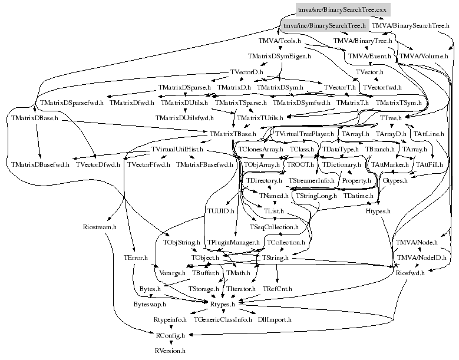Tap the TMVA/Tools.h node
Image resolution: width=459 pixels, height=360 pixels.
coord(280,41)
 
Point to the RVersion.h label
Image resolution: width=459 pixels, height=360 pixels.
coord(170,350)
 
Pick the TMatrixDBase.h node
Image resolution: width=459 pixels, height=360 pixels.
coord(34,118)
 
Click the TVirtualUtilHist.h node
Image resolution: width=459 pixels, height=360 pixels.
coord(177,149)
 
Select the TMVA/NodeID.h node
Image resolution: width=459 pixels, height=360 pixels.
coord(422,257)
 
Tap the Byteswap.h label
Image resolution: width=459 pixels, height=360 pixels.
coord(150,304)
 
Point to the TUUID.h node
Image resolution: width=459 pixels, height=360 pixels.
coord(221,210)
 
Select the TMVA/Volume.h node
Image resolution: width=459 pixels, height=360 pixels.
coord(424,57)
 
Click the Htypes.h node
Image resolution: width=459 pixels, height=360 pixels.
coord(378,210)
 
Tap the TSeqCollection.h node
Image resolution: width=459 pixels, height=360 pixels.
coord(274,226)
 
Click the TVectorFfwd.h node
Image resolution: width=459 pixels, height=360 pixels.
coord(148,164)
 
